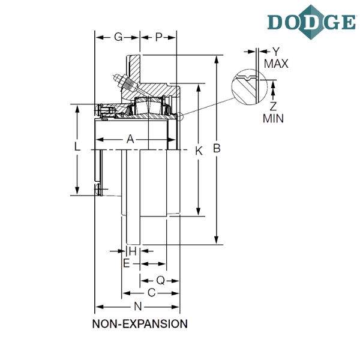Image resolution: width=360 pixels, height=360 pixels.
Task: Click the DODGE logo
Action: (x=311, y=22)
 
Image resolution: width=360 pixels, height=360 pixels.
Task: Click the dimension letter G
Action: (x=118, y=37)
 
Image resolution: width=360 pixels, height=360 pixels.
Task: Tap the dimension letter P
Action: (x=158, y=37)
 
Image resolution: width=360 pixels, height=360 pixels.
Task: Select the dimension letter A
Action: (x=130, y=139)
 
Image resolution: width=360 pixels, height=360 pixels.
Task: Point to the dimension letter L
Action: (x=77, y=146)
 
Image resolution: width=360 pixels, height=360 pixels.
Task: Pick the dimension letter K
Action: (x=199, y=151)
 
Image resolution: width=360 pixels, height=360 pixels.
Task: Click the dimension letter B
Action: (x=217, y=148)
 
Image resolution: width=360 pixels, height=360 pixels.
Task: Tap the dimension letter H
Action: (x=133, y=251)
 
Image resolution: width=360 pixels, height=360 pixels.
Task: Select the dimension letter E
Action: (x=126, y=263)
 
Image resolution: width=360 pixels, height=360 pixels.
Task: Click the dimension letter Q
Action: (x=160, y=280)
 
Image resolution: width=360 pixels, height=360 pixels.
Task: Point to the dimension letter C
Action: (x=152, y=293)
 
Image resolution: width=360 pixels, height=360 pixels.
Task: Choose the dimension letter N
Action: (x=138, y=306)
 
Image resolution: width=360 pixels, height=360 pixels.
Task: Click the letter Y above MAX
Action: (x=276, y=52)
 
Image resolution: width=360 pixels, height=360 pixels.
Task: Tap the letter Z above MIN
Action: (x=273, y=106)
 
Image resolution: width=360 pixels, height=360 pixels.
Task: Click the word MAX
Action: (x=276, y=64)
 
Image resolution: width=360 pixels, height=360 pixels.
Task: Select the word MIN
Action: (x=273, y=118)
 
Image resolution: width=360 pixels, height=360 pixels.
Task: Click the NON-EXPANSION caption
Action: (x=140, y=324)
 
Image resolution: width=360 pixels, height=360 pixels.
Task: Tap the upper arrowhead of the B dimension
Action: (x=216, y=59)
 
